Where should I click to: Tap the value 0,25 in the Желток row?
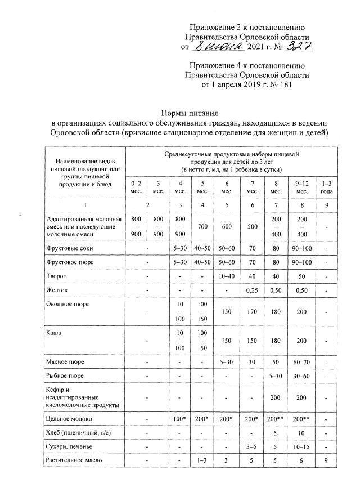[252, 290]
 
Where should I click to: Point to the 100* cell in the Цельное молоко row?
[179, 419]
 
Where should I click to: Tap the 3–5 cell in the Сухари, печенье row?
[252, 448]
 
